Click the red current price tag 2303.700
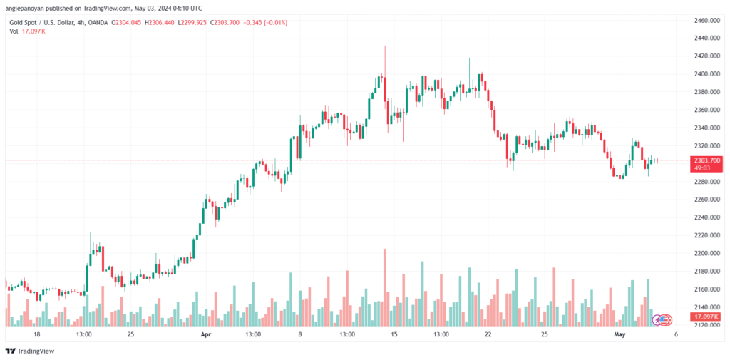[706, 163]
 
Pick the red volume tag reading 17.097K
[706, 317]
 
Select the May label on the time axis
[620, 334]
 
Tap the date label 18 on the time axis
[37, 334]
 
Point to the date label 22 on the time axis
[488, 334]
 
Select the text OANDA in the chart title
[97, 22]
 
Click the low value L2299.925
[193, 22]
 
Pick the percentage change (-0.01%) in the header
[276, 22]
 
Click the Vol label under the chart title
[14, 31]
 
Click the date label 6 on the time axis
[676, 334]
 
